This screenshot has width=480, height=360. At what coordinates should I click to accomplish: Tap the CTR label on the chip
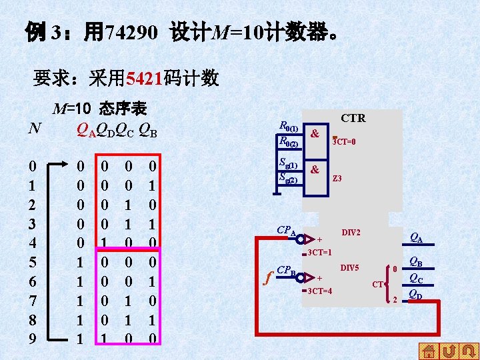tap(353, 119)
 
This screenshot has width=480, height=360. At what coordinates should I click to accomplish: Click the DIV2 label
tap(351, 232)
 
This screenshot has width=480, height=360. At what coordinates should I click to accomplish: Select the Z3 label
tap(337, 178)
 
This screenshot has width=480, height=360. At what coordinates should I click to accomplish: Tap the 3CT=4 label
tap(320, 291)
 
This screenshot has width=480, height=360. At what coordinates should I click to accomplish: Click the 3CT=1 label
tap(320, 252)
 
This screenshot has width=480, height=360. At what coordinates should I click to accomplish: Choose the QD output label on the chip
tap(415, 293)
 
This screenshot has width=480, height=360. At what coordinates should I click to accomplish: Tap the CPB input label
tap(285, 271)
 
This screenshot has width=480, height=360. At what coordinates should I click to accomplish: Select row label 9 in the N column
tap(33, 339)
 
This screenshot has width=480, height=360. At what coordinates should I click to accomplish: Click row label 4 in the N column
tap(33, 241)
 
